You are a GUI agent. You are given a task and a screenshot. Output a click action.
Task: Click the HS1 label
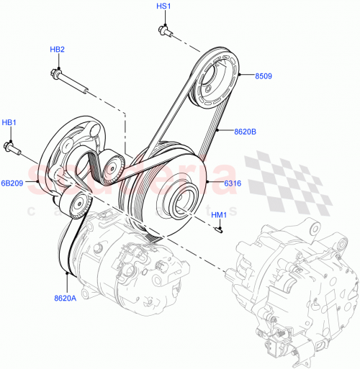(163, 6)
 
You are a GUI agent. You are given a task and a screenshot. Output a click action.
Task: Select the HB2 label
(58, 49)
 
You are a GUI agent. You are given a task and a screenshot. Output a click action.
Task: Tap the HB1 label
(9, 123)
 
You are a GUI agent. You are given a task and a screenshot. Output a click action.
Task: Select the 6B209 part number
(13, 183)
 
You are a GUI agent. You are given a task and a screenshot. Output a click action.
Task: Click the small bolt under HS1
(163, 30)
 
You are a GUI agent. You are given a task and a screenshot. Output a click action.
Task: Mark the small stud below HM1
(219, 230)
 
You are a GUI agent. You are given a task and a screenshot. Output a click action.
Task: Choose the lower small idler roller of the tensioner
(78, 204)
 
